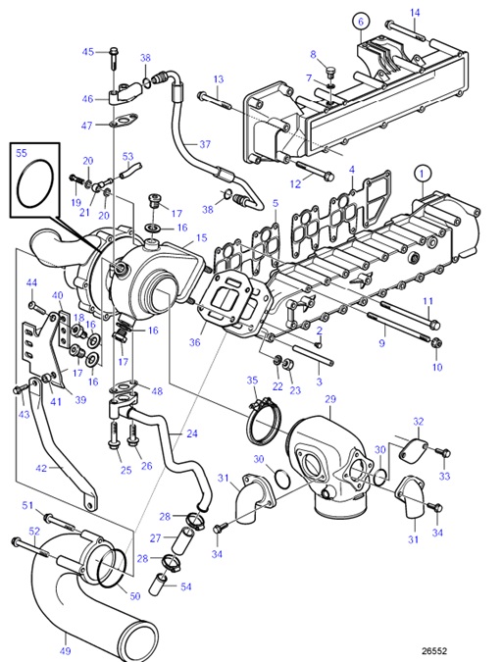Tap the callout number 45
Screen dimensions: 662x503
tap(87, 52)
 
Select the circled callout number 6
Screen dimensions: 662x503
tap(359, 21)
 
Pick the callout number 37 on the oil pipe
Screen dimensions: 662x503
tap(204, 144)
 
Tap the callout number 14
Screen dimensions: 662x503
tap(414, 13)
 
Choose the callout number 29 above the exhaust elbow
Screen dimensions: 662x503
tap(330, 399)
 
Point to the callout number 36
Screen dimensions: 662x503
tap(194, 342)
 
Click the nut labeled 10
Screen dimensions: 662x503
tap(435, 343)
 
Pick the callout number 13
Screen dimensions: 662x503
tap(218, 78)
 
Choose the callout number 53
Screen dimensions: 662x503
tap(127, 156)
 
